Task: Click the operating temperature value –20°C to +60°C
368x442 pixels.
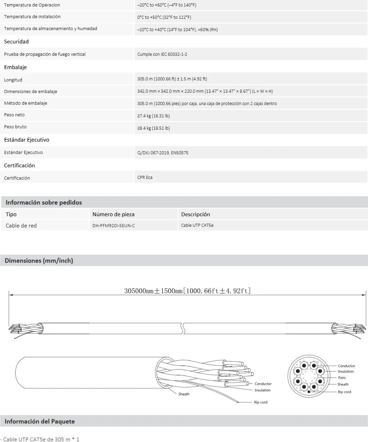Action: [x=167, y=5]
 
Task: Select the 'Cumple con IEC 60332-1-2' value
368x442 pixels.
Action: [x=162, y=54]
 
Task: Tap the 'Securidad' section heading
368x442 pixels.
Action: [x=16, y=41]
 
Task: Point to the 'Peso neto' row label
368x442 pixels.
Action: [x=14, y=115]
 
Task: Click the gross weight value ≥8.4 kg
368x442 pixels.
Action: [x=153, y=128]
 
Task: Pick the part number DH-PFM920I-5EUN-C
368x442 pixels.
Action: [x=116, y=225]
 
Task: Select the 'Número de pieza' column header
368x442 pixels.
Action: [x=113, y=214]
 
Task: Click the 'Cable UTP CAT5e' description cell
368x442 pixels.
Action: [x=197, y=225]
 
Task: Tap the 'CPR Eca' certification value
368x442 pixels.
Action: [x=145, y=178]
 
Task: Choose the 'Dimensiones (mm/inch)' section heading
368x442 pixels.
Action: [x=39, y=261]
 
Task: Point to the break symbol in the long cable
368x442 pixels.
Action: [x=184, y=328]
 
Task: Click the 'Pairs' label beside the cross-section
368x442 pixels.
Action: [x=342, y=378]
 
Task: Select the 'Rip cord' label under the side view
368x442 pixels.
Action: [x=261, y=402]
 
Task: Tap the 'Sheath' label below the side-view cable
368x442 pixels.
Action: [x=184, y=394]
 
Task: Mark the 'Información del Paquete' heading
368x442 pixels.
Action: [x=40, y=421]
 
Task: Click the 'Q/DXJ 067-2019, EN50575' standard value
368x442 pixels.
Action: [x=162, y=153]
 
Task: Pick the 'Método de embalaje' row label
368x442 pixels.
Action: [x=26, y=103]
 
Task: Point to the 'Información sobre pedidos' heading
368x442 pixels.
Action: [x=44, y=203]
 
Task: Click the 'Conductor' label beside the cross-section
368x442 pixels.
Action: [x=346, y=366]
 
